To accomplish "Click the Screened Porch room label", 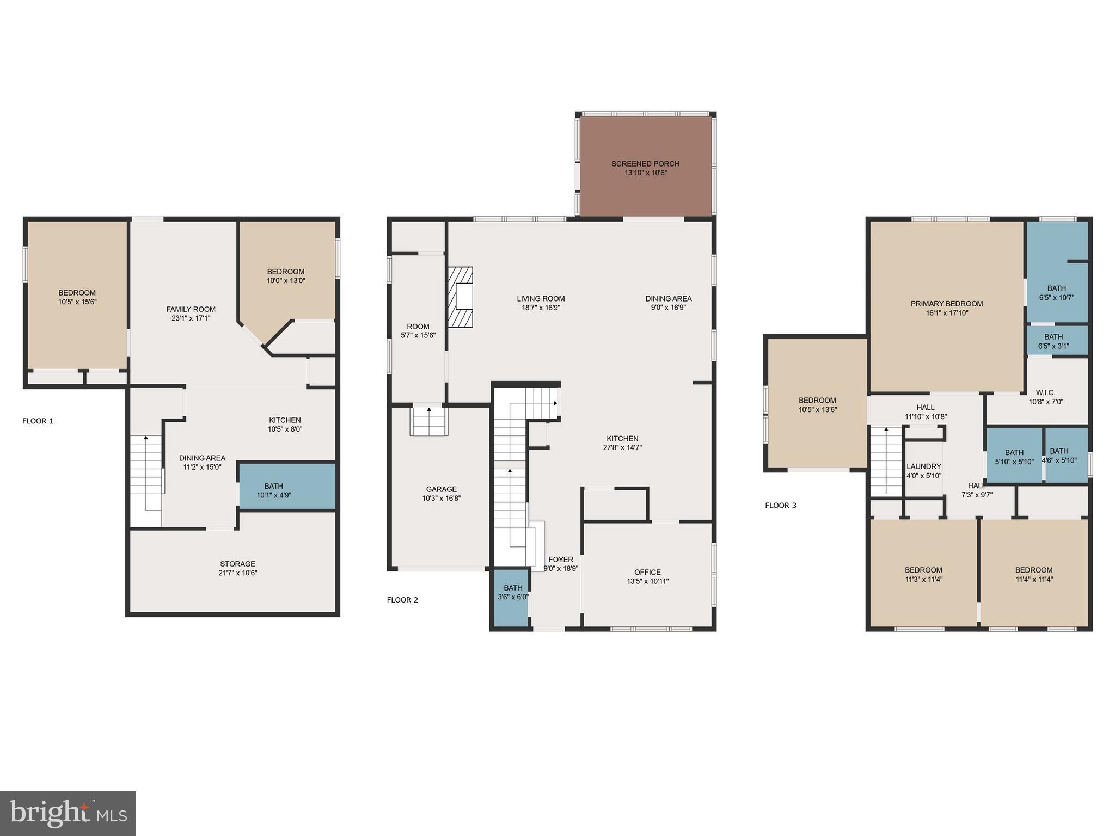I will [x=645, y=164].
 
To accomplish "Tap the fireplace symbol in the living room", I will [x=460, y=297].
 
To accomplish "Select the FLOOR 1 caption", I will [x=38, y=421].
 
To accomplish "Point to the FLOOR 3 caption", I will [x=780, y=505].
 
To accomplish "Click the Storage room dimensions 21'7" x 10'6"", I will [x=237, y=573].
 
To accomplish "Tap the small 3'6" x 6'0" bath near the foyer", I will [x=512, y=597].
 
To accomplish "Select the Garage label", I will [x=441, y=489].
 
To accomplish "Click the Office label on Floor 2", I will [x=647, y=572].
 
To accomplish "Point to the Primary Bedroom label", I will [x=947, y=304].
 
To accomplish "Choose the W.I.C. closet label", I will [x=1045, y=392].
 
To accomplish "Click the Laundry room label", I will [x=923, y=466].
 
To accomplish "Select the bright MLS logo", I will [x=68, y=814].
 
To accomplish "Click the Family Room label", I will [x=191, y=309].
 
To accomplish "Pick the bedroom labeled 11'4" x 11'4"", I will [x=1033, y=574].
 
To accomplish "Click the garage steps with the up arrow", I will [x=429, y=422].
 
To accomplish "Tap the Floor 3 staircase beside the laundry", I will [x=886, y=460].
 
